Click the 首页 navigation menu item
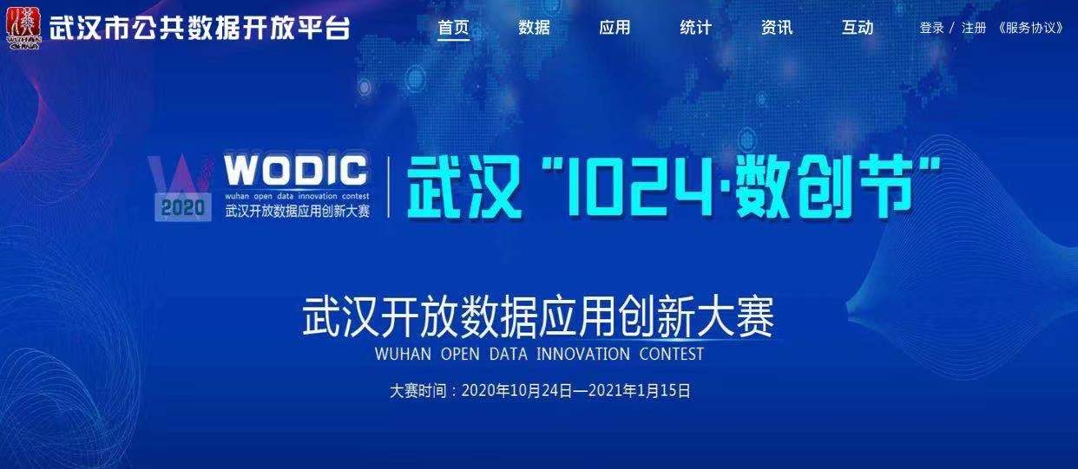pos(453,28)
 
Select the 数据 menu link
pos(534,28)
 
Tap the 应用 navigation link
pos(615,28)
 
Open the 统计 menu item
pos(696,28)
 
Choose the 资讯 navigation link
pos(777,28)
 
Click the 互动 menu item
pos(858,28)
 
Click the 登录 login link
pos(931,28)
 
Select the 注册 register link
pos(974,28)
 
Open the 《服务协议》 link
pos(1030,28)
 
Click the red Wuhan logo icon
pos(24,28)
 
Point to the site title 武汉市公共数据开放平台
pos(200,28)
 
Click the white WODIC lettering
pos(296,170)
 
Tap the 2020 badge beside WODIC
pos(183,207)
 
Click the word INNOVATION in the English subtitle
pos(582,355)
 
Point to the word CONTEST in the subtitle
pos(671,355)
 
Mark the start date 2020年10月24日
pos(516,391)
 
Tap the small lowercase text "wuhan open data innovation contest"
pos(297,196)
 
